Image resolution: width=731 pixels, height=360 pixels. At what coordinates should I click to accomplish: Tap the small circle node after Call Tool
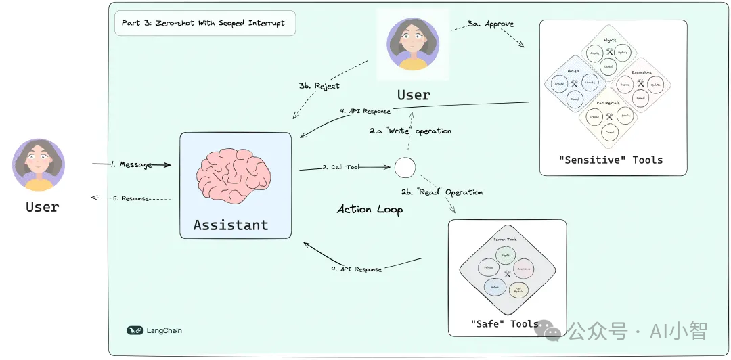(x=404, y=167)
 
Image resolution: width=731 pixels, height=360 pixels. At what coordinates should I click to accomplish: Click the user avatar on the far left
(x=39, y=165)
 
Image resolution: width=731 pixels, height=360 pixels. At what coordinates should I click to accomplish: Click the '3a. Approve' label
(x=491, y=24)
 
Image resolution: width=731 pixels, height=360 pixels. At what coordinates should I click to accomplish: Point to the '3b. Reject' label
(x=319, y=86)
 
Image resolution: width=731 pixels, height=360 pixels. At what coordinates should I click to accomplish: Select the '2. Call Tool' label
(x=340, y=166)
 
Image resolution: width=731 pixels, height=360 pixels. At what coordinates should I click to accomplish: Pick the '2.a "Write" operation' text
(x=410, y=131)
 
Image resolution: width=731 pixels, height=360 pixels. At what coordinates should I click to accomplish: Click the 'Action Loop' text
(x=370, y=209)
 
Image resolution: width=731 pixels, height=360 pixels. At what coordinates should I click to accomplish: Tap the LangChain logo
(x=154, y=330)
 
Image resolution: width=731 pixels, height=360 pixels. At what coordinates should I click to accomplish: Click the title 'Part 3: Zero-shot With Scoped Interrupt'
(x=203, y=23)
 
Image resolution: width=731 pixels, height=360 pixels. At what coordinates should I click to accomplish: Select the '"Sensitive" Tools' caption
(x=611, y=160)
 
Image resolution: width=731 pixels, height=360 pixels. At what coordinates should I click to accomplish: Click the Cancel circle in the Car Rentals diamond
(x=609, y=133)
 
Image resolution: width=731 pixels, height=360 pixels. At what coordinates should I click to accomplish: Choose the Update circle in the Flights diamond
(x=624, y=51)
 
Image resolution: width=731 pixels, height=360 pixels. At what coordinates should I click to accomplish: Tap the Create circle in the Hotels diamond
(x=560, y=85)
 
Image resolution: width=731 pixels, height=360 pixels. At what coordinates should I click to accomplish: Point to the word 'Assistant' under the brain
(x=231, y=225)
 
